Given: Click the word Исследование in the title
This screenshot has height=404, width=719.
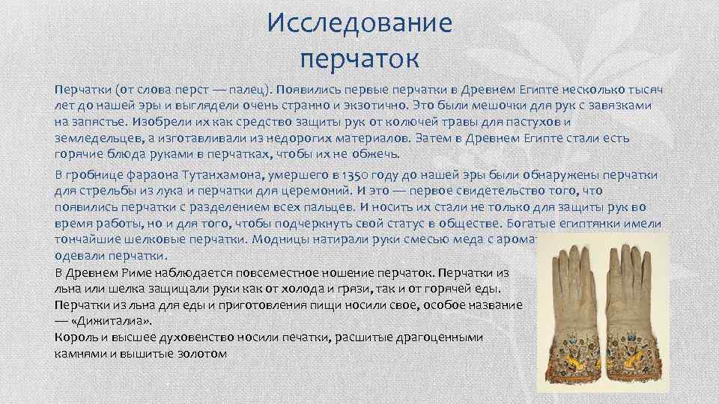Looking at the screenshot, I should click(359, 22).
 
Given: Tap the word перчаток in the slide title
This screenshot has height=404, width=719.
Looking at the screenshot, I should click(359, 57).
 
